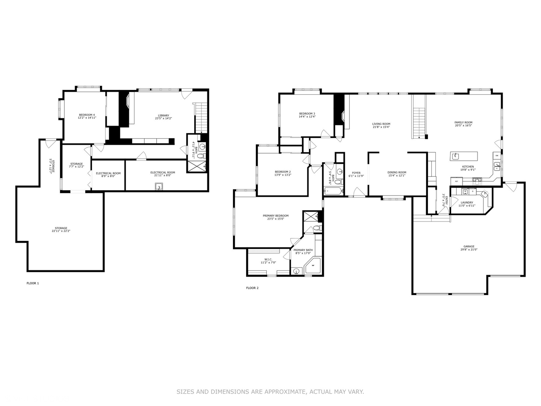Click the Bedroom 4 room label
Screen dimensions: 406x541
pyautogui.click(x=87, y=116)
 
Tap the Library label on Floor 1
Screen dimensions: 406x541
pyautogui.click(x=163, y=117)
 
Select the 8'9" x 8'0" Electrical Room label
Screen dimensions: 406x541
pyautogui.click(x=108, y=174)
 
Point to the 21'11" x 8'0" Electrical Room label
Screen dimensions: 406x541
pyautogui.click(x=163, y=174)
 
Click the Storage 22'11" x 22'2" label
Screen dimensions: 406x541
pyautogui.click(x=61, y=229)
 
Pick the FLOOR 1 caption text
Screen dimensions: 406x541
pyautogui.click(x=33, y=283)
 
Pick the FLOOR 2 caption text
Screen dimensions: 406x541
pyautogui.click(x=252, y=288)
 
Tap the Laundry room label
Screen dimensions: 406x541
pyautogui.click(x=467, y=204)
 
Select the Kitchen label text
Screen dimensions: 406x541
pyautogui.click(x=468, y=168)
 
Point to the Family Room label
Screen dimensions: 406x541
pyautogui.click(x=463, y=124)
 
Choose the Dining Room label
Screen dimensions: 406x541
pyautogui.click(x=397, y=174)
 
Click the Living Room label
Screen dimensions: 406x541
pyautogui.click(x=381, y=125)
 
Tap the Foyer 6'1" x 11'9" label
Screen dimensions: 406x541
pyautogui.click(x=356, y=174)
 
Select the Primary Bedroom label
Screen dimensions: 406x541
pyautogui.click(x=275, y=217)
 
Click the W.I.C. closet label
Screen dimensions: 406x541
pyautogui.click(x=268, y=261)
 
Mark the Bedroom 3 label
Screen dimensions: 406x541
pyautogui.click(x=307, y=115)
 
